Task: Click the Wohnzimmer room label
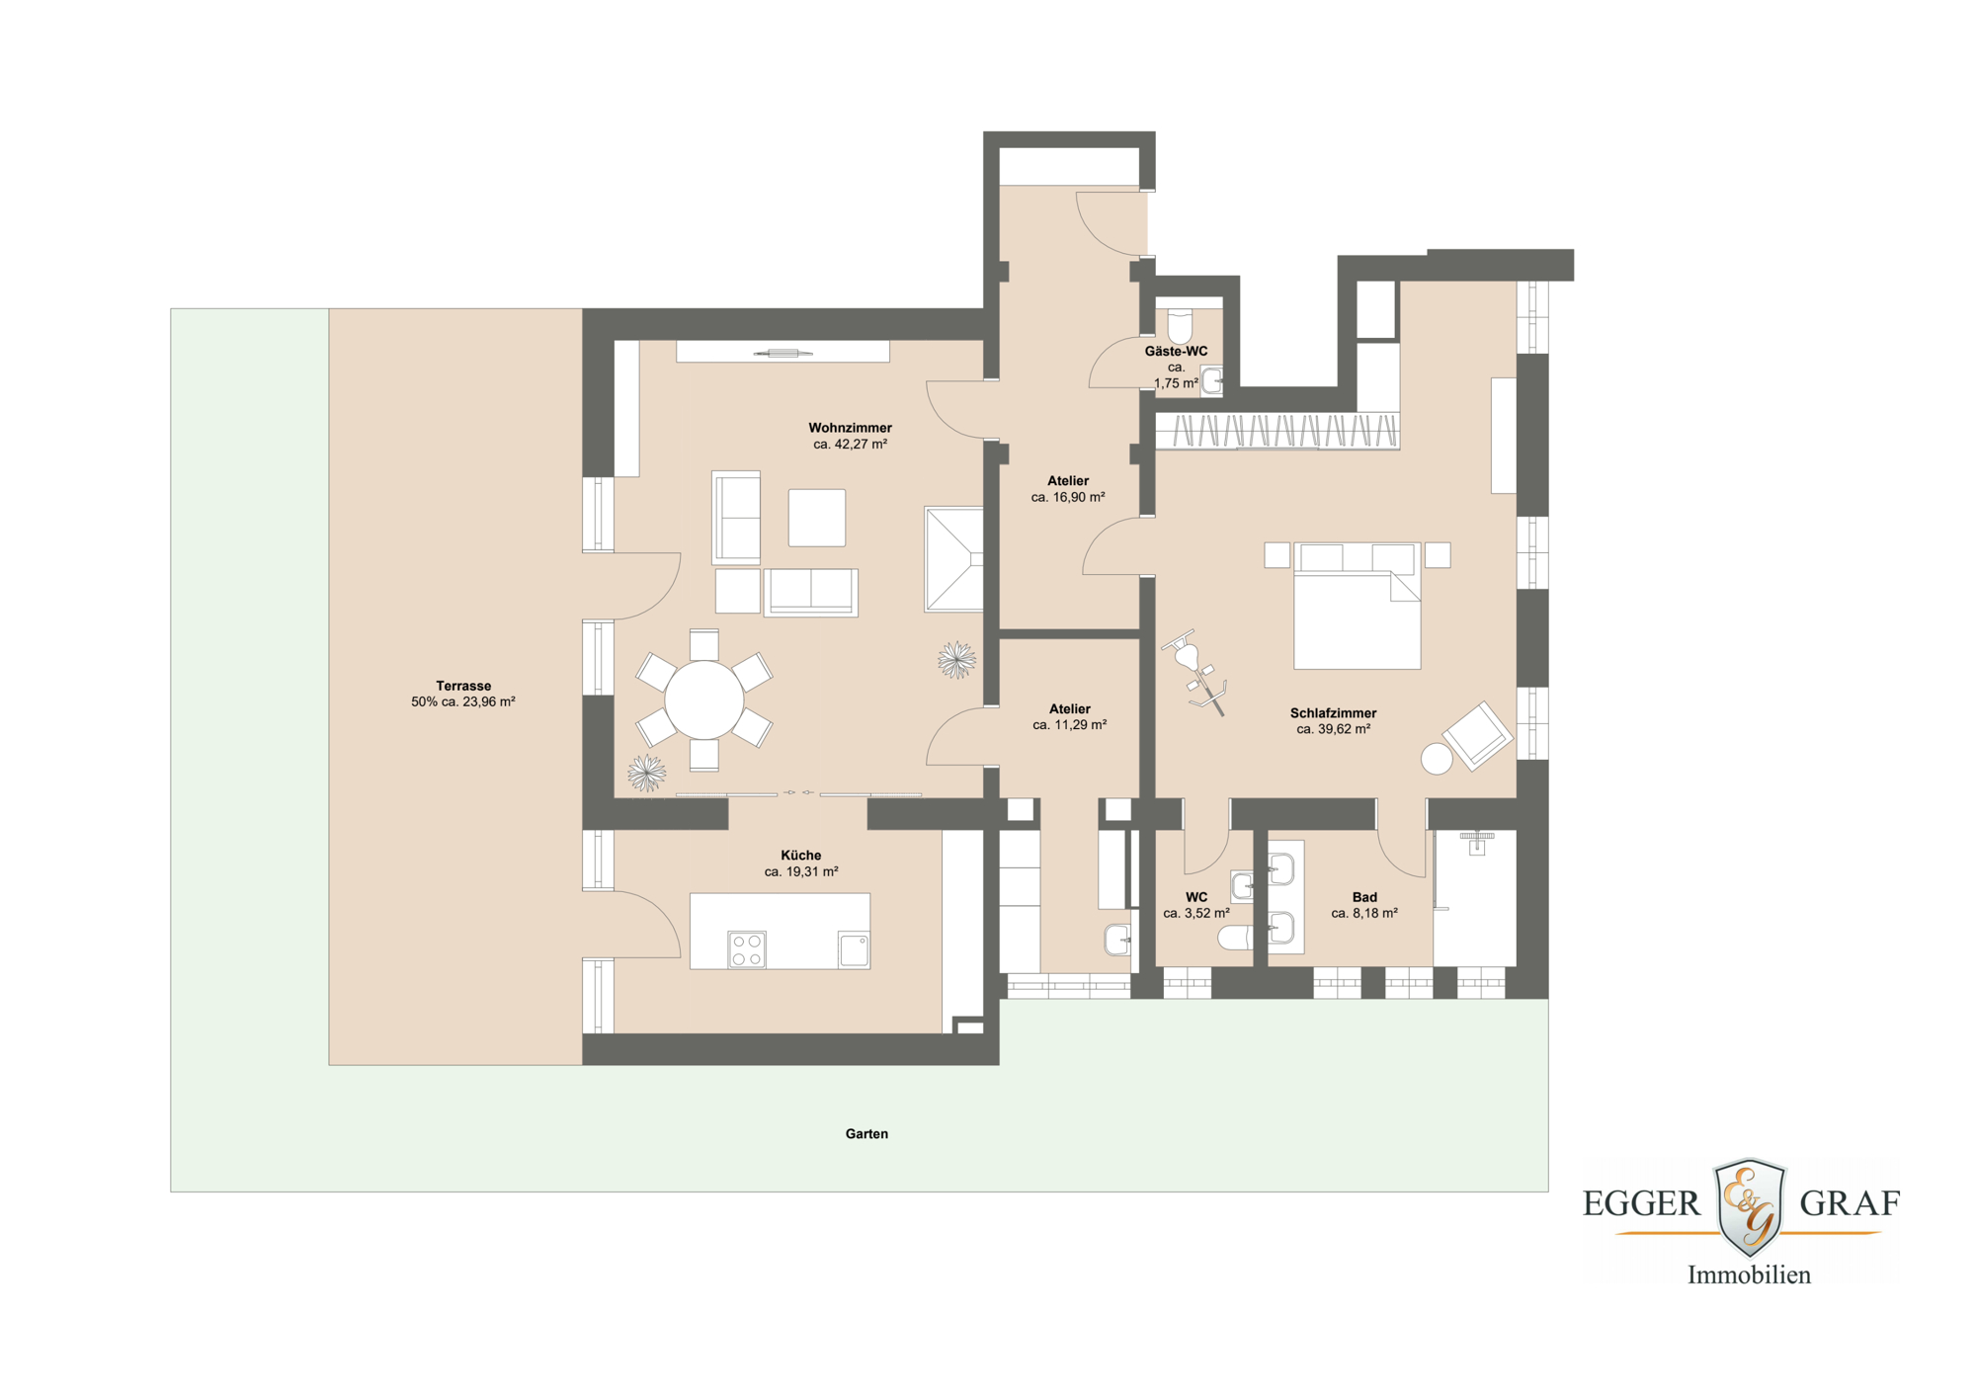point(850,428)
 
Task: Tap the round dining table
point(703,699)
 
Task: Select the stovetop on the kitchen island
point(747,949)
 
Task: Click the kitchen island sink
point(854,949)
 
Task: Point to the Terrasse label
point(463,686)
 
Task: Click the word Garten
point(866,1134)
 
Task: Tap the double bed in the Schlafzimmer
point(1357,613)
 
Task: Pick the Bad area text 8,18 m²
point(1364,914)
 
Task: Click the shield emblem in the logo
point(1749,1206)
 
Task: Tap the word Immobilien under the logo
point(1749,1275)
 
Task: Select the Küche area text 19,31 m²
point(801,872)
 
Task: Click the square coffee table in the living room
point(816,518)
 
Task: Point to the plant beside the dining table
point(647,772)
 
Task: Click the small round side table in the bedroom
point(1437,759)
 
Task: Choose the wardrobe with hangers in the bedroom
point(1276,432)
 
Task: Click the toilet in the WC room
point(1235,937)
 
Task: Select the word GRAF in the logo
point(1850,1203)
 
